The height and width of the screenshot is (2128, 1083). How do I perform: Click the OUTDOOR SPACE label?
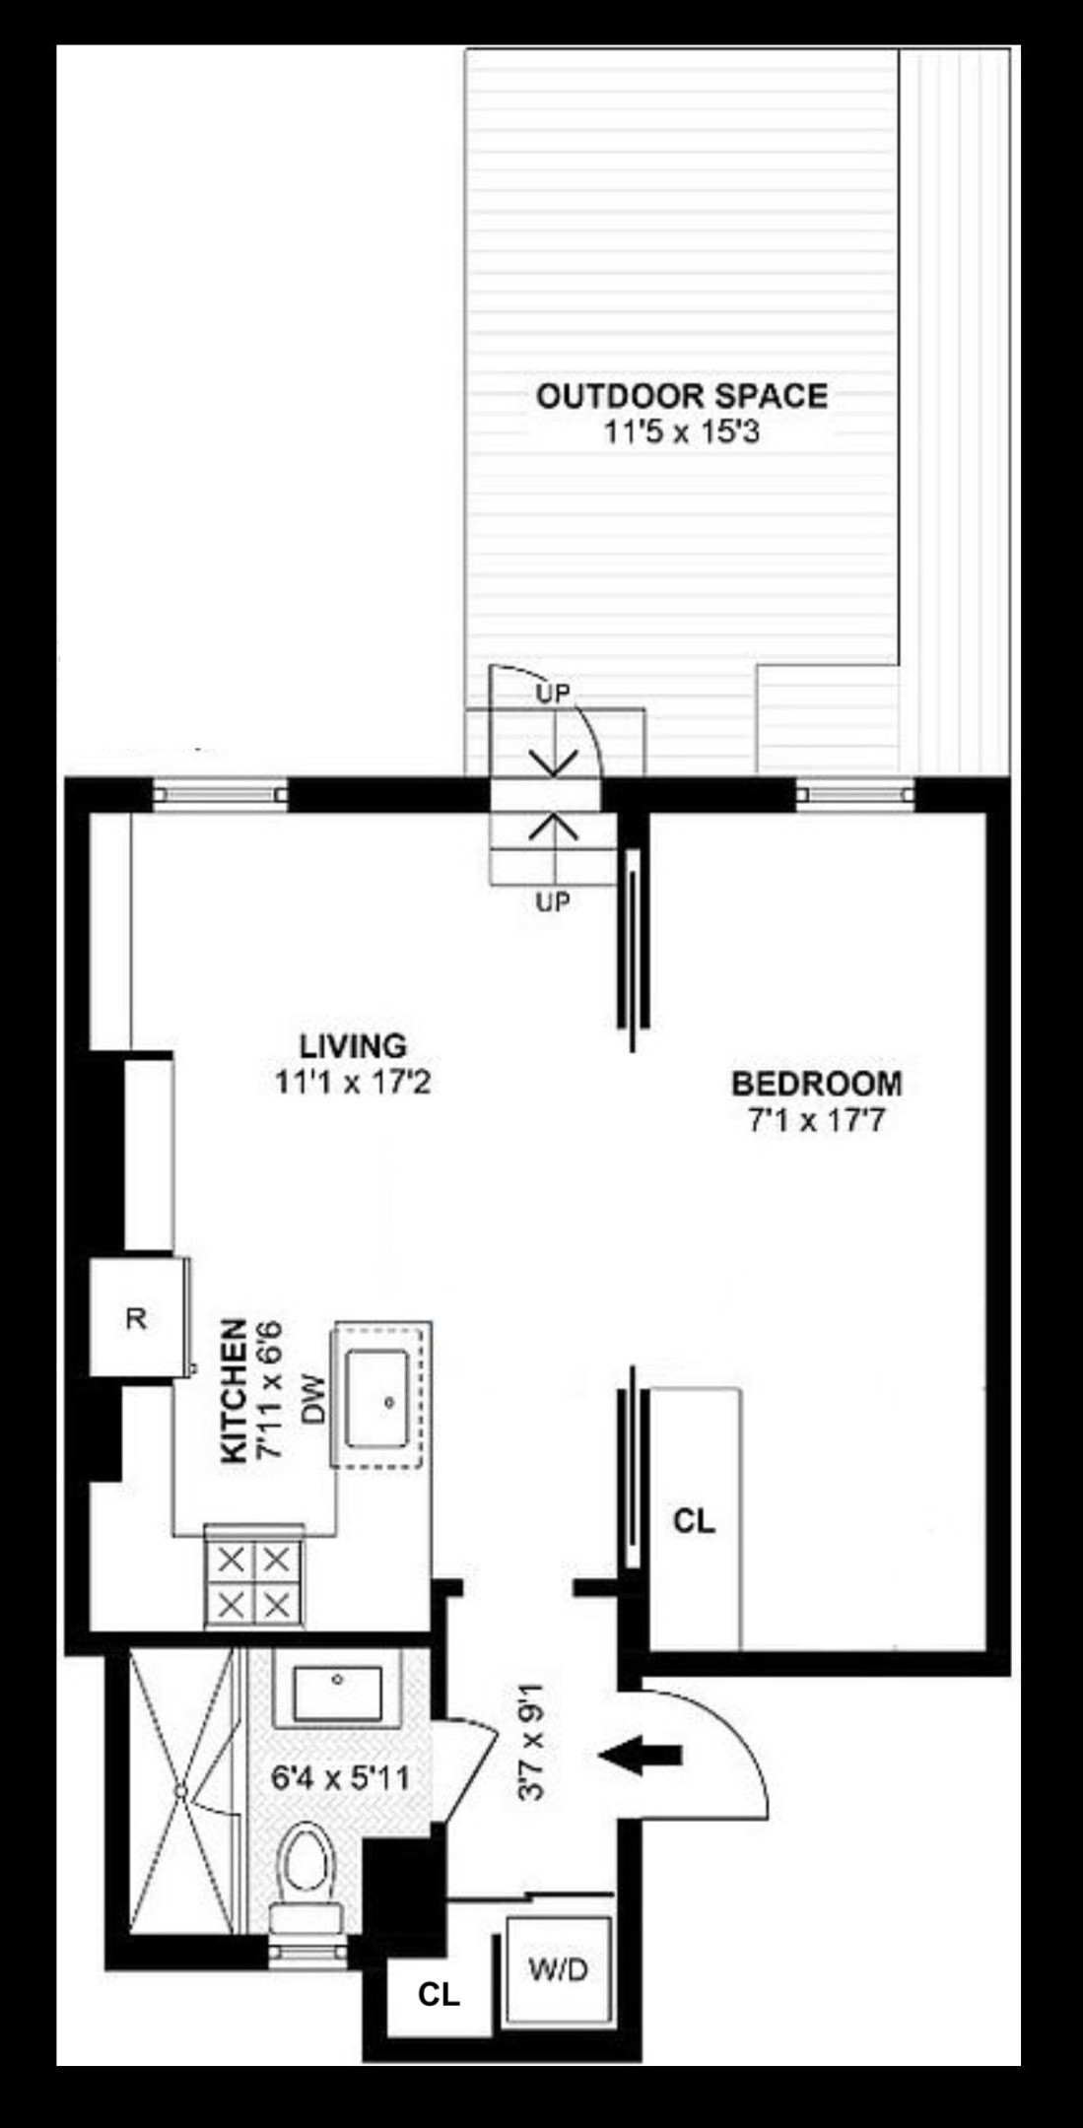pos(681,396)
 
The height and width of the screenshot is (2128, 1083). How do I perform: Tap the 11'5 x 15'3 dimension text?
pos(681,432)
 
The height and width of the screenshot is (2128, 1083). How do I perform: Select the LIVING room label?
pos(353,1044)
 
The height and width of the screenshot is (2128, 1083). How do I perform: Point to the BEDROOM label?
pos(816,1084)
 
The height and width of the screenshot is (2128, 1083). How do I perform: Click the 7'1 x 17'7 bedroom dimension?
pos(816,1120)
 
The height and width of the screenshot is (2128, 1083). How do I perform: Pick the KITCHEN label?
pos(234,1391)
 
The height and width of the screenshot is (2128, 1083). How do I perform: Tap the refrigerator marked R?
pos(136,1318)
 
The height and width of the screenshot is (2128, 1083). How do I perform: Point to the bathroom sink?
pos(338,1692)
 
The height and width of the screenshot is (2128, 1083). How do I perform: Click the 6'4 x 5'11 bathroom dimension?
pos(340,1779)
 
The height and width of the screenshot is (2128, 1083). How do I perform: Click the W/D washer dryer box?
pos(558,1969)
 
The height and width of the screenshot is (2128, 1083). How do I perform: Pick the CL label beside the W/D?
pos(439,1995)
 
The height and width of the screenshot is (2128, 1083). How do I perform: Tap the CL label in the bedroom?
pos(694,1520)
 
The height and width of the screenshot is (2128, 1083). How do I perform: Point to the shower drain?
pos(180,1789)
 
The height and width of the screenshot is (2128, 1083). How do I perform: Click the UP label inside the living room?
pos(553,900)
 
